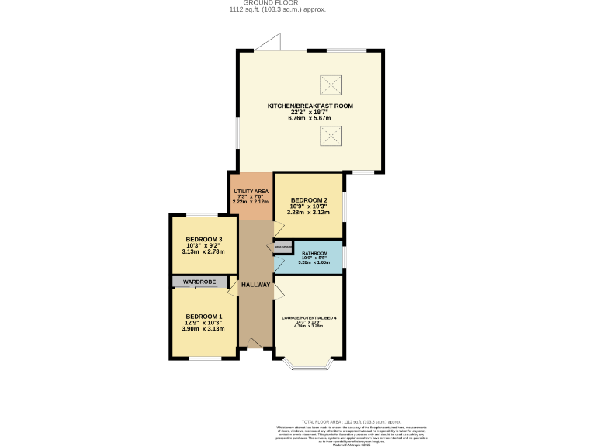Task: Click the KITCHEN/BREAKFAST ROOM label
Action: pos(310,106)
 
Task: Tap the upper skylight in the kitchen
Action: pos(331,83)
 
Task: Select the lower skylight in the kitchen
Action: pos(331,137)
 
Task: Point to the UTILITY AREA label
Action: pos(251,191)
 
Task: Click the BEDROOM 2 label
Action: pos(309,200)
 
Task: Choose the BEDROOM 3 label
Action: pos(204,240)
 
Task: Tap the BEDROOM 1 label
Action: pos(204,317)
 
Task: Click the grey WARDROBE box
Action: pos(204,281)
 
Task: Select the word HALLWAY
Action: pos(255,285)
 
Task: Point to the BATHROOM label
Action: pos(314,254)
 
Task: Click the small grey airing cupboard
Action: pos(282,247)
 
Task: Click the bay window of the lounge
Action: pos(308,365)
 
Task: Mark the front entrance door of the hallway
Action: pos(255,343)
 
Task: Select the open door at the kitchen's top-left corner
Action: pos(268,43)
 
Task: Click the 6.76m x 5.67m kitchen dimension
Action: pos(310,118)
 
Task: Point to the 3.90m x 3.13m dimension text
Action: pos(204,329)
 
